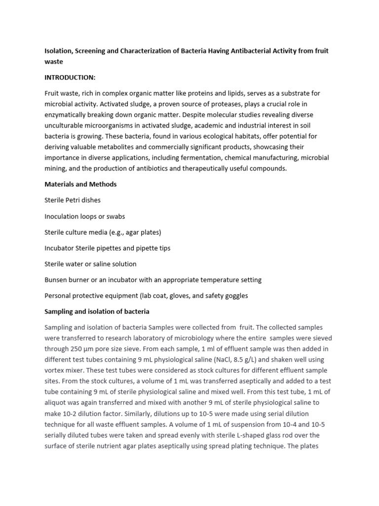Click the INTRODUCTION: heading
[70, 78]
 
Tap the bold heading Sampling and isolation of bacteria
[97, 312]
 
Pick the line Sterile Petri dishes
[73, 200]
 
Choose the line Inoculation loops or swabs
[84, 216]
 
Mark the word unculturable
[64, 126]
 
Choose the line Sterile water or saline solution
[90, 264]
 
